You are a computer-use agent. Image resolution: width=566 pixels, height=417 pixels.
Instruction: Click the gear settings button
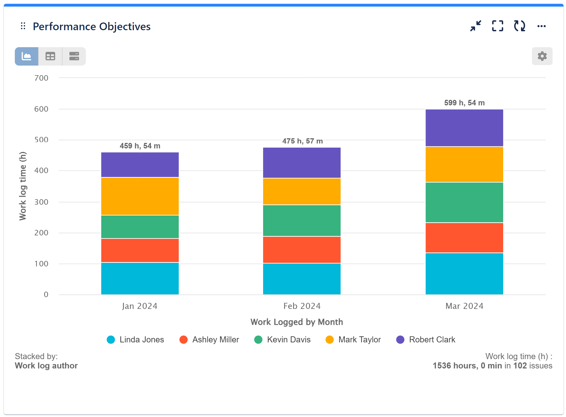point(542,56)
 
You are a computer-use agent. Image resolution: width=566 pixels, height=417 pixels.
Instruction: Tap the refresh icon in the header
point(519,26)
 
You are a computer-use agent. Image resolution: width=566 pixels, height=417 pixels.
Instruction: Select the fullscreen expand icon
point(497,26)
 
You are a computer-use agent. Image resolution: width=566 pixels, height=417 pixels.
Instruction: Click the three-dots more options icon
point(541,26)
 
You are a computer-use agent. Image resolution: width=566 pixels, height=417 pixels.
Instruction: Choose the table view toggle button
point(50,57)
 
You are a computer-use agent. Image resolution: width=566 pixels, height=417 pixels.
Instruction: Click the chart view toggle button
point(27,57)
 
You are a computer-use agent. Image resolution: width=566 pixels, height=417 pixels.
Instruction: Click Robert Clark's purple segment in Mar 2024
point(464,128)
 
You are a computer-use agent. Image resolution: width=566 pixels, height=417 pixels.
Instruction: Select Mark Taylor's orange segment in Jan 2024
point(140,196)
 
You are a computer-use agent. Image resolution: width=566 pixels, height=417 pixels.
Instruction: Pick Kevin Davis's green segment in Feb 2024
point(302,220)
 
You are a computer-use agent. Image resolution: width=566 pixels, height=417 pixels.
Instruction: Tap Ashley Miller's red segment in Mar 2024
point(464,238)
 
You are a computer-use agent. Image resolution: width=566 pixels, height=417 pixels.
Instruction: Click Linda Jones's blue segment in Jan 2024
point(140,278)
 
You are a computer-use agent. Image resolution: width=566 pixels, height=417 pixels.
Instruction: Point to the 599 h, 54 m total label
point(464,103)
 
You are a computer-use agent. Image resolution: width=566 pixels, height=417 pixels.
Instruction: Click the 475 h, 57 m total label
point(302,141)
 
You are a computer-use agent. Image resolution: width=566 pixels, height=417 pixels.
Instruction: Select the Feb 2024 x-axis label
point(302,306)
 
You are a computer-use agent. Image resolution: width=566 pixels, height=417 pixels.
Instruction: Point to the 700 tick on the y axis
point(41,78)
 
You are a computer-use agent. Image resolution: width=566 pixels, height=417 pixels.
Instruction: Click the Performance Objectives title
point(92,27)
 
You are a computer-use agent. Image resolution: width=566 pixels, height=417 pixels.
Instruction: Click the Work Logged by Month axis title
point(297,322)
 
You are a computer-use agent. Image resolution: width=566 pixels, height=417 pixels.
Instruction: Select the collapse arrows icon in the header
point(475,26)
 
